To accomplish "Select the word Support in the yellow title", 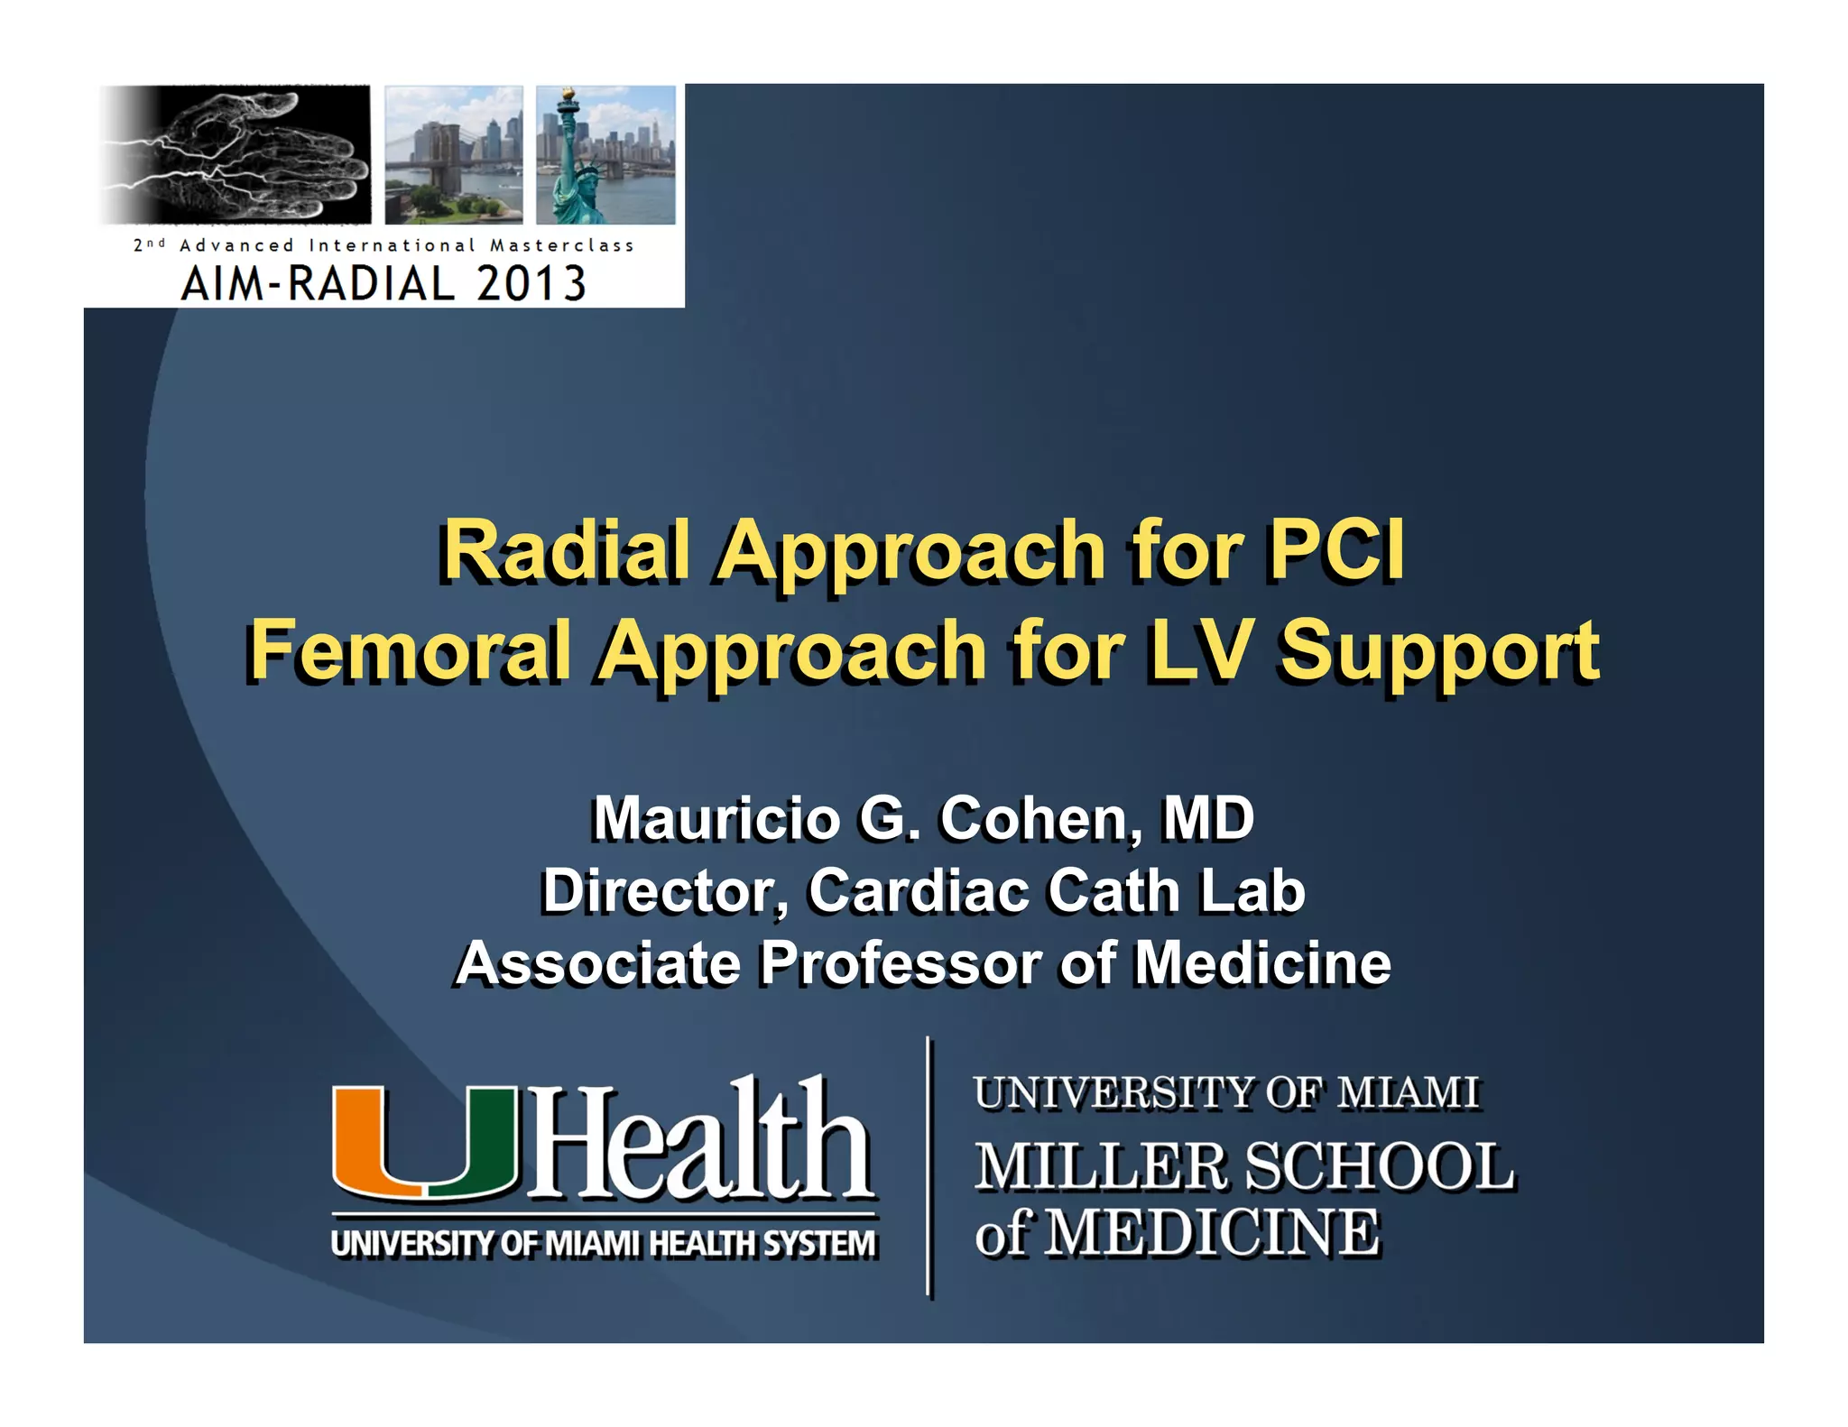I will [1439, 651].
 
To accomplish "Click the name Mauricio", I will [715, 818].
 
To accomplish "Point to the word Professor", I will [899, 963].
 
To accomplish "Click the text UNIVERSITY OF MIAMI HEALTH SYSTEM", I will [603, 1243].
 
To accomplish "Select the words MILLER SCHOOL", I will [1243, 1165].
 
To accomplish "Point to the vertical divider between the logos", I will [929, 1167].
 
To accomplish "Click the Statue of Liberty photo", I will [605, 154].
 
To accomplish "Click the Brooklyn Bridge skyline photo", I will [454, 154].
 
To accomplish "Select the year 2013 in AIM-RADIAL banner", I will [531, 283].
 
